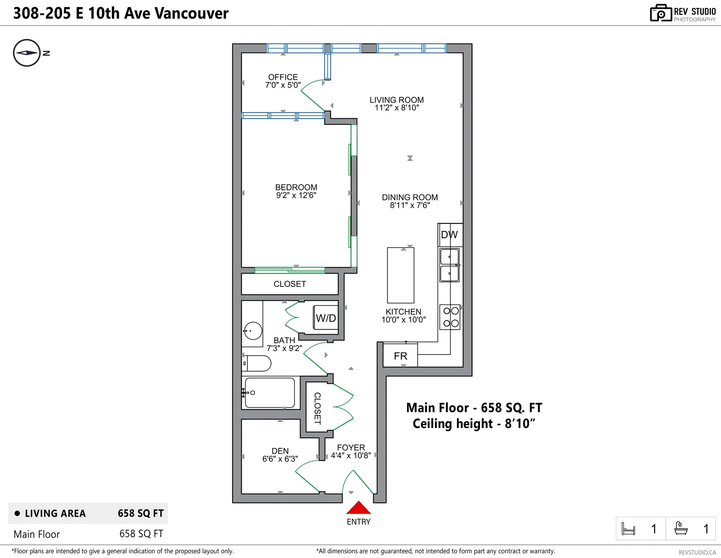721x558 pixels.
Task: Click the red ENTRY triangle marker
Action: click(x=358, y=508)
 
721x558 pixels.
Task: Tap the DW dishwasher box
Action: click(x=449, y=235)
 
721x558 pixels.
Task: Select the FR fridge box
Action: click(x=400, y=356)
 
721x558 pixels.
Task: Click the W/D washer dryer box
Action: click(x=326, y=318)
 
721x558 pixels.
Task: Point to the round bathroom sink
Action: click(x=253, y=331)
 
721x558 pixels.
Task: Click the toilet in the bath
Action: click(x=257, y=363)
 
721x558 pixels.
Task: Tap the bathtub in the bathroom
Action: click(x=270, y=393)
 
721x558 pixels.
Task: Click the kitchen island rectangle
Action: click(x=400, y=275)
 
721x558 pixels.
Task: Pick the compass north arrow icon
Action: click(x=27, y=53)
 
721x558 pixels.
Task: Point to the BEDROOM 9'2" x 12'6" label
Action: click(x=296, y=191)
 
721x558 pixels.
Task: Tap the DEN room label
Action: click(x=280, y=454)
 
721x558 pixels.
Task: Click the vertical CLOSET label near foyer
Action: click(x=317, y=408)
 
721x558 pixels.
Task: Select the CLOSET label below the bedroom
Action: click(x=290, y=284)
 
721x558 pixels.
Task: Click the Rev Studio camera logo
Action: click(x=661, y=13)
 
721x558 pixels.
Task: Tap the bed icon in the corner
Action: click(x=628, y=529)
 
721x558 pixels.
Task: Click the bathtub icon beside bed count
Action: click(x=681, y=528)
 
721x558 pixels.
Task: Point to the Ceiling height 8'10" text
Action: click(x=474, y=424)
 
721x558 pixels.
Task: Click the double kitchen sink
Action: click(x=449, y=265)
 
